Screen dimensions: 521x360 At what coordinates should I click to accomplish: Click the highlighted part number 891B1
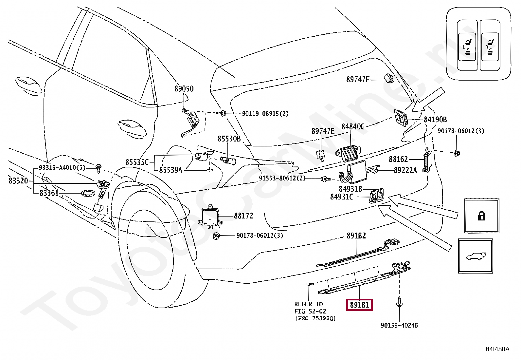coord(359,305)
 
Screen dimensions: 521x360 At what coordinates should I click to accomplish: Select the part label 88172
coord(243,216)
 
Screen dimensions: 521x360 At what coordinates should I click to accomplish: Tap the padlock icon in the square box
coord(481,216)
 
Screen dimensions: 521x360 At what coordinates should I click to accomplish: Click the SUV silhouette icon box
coord(476,256)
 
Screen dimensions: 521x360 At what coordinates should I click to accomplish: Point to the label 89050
coord(184,89)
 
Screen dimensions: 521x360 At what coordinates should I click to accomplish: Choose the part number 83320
coord(18,181)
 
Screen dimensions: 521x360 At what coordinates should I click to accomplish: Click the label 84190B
coord(435,120)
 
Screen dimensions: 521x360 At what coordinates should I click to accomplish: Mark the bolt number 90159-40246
coord(399,325)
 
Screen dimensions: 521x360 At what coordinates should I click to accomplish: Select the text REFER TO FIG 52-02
coord(310,308)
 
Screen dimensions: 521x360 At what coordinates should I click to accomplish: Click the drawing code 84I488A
coord(497,349)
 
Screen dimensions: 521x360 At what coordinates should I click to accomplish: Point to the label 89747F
coord(358,80)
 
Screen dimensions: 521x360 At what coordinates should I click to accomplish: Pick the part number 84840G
coord(353,127)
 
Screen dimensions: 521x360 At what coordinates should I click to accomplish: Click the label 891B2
coord(356,236)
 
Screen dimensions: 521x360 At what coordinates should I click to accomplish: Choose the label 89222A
coord(405,170)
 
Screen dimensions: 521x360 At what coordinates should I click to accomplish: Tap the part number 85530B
coord(229,139)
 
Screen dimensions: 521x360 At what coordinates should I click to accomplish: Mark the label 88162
coord(398,159)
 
